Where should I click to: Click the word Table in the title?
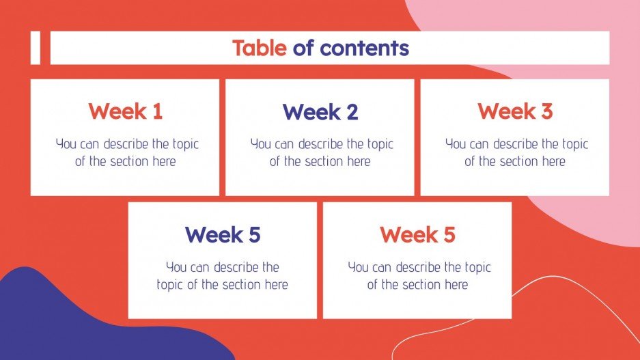(260, 48)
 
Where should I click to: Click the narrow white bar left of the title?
(36, 48)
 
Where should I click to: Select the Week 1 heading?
(125, 111)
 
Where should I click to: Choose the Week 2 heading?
(320, 111)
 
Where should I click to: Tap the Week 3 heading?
(515, 111)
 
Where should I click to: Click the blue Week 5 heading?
(223, 235)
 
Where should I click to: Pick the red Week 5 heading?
(417, 235)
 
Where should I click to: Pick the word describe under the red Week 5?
(419, 267)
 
